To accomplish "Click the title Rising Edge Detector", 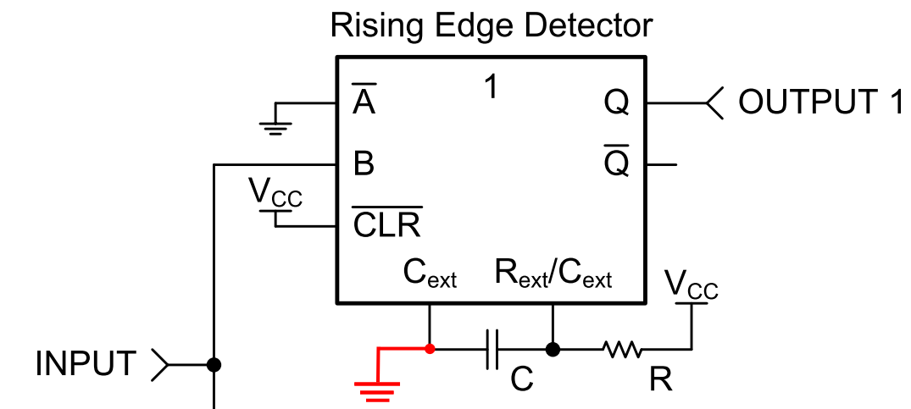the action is coord(492,27).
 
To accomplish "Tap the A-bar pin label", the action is coord(364,98).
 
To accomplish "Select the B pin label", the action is coord(364,164).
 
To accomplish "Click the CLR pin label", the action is coord(387,222).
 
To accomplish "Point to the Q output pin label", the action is coord(616,103).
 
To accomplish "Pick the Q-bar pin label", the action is coord(616,161).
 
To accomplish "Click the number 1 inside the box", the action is coord(491,87).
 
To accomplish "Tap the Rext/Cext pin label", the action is coord(553,274).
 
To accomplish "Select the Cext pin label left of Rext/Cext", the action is coord(430,274).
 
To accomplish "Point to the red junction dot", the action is coord(430,349).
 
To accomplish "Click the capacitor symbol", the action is coord(492,349).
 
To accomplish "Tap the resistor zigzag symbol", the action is coord(622,349).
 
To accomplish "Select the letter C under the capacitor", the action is coord(522,380).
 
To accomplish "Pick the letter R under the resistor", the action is coord(661,380).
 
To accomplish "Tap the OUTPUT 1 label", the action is coord(820,102).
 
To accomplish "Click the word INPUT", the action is coord(86,364).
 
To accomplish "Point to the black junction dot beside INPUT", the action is coord(214,364).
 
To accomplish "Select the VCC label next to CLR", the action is coord(275,192).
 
